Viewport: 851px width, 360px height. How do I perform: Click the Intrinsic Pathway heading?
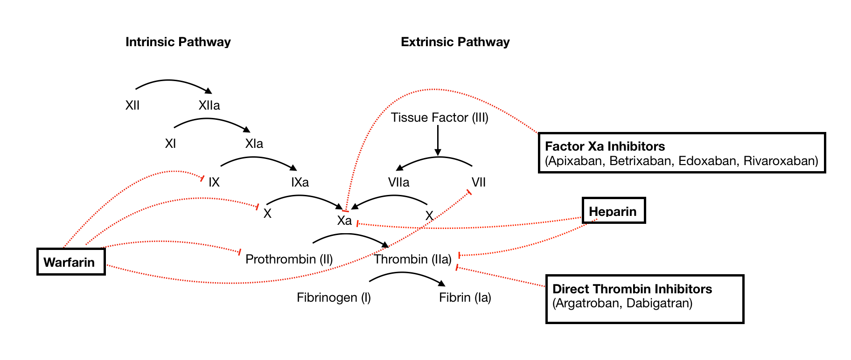[178, 42]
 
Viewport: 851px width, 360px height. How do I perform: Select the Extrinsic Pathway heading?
[455, 42]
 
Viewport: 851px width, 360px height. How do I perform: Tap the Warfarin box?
[71, 262]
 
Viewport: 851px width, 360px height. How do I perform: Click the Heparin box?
[613, 211]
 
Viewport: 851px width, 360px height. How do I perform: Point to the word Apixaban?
[576, 161]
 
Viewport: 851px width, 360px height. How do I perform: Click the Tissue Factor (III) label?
[439, 118]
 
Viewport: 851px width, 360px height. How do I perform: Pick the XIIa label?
[209, 105]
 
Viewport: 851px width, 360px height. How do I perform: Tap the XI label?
[170, 144]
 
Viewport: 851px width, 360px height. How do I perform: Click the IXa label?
[300, 182]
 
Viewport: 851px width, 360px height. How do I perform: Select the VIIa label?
[398, 182]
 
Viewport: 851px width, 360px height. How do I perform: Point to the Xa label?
[344, 221]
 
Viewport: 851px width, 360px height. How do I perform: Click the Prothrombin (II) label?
[289, 259]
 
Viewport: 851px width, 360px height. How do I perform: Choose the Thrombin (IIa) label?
[412, 259]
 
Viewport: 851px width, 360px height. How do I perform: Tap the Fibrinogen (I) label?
[334, 298]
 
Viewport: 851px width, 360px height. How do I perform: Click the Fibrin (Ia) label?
[465, 298]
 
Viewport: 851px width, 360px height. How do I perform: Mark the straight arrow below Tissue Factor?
[438, 140]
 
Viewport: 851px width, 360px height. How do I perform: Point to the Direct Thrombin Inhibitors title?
[632, 289]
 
